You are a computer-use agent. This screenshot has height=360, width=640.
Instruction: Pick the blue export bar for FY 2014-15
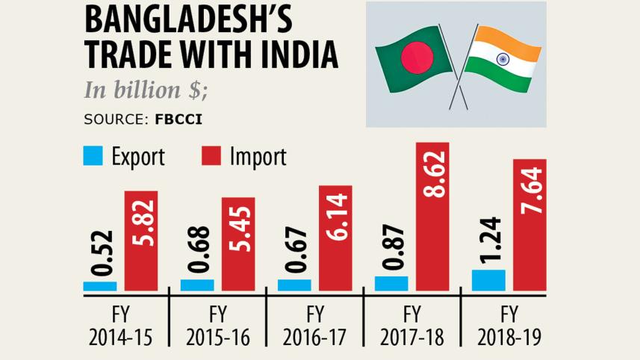(100, 286)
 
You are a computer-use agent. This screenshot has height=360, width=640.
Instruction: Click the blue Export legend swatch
(92, 156)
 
